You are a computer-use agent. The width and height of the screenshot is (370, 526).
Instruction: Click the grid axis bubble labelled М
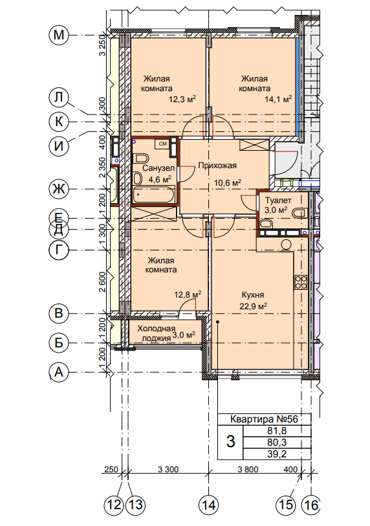(x=58, y=35)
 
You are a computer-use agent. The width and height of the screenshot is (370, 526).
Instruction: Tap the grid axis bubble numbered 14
(x=209, y=504)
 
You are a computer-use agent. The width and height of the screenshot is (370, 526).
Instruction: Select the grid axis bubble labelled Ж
(x=58, y=189)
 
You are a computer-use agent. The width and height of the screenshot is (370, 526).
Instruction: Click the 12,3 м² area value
(x=182, y=99)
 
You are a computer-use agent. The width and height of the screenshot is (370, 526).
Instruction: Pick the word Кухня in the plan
(x=253, y=295)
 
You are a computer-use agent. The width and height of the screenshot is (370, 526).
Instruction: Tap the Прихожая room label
(x=217, y=166)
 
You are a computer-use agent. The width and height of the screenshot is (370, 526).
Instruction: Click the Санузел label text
(x=158, y=168)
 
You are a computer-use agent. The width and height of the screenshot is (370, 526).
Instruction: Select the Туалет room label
(x=278, y=201)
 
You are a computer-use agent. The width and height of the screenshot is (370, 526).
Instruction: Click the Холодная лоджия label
(x=157, y=333)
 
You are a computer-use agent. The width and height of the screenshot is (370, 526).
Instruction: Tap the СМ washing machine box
(x=163, y=144)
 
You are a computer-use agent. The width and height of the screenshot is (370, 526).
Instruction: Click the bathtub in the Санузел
(x=154, y=194)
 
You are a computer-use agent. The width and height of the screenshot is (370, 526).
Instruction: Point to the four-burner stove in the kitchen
(x=301, y=282)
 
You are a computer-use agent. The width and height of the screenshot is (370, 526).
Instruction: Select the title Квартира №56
(x=265, y=419)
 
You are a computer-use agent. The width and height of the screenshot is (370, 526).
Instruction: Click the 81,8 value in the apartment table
(x=277, y=431)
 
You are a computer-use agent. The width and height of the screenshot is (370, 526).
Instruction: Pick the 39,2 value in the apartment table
(x=277, y=454)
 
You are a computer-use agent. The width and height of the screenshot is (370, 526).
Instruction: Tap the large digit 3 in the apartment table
(x=230, y=441)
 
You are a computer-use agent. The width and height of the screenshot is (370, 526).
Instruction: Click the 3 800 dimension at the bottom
(x=248, y=469)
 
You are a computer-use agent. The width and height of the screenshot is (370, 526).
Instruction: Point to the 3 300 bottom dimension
(x=168, y=469)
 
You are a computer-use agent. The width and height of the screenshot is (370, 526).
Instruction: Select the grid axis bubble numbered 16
(x=310, y=504)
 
